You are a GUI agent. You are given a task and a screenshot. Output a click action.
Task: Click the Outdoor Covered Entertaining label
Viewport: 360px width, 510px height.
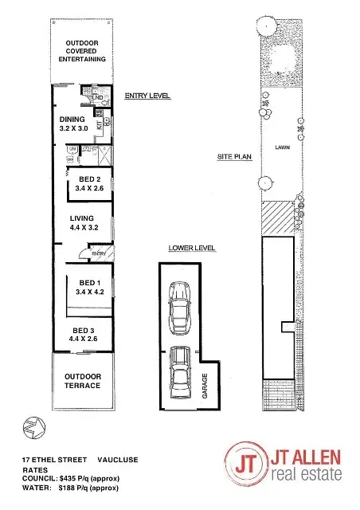click(x=82, y=50)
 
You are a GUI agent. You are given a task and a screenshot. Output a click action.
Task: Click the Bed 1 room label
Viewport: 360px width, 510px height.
click(x=88, y=288)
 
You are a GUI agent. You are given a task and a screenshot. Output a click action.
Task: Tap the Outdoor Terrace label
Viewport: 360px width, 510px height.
click(x=83, y=381)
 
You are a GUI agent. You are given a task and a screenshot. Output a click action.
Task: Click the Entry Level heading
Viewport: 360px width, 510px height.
click(x=147, y=96)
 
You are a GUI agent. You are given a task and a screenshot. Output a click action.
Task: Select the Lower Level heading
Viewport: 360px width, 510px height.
click(x=192, y=249)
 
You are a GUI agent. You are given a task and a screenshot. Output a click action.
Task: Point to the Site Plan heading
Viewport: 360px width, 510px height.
click(x=234, y=157)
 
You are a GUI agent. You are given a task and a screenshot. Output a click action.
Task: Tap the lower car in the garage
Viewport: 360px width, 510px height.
click(x=181, y=373)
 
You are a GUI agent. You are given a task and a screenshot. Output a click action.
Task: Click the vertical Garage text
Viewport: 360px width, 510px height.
click(x=205, y=384)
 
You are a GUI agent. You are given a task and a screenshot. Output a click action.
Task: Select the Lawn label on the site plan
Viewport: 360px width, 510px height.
click(x=281, y=147)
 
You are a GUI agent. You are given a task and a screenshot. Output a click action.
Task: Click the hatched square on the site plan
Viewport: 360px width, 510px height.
click(x=279, y=218)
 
